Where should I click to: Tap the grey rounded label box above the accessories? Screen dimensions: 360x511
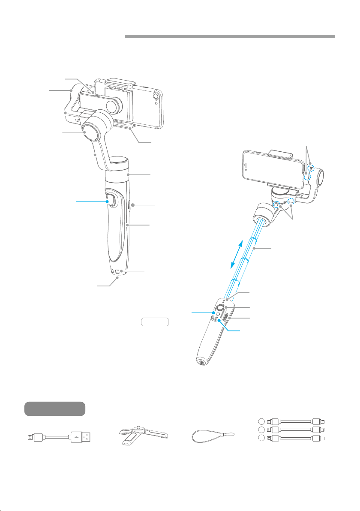click(54, 409)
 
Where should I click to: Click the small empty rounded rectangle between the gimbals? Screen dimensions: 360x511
click(156, 322)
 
